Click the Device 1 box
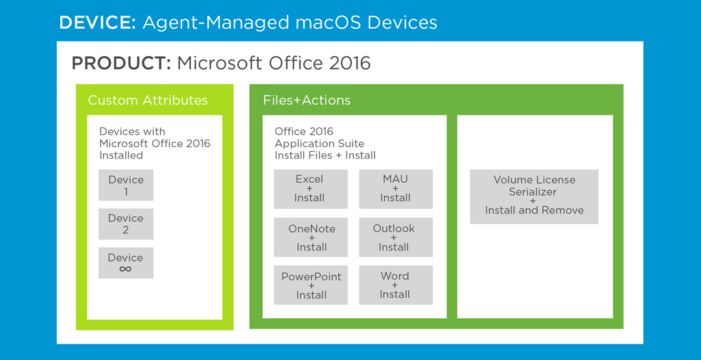pyautogui.click(x=126, y=185)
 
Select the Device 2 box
pyautogui.click(x=126, y=224)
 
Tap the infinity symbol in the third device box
pyautogui.click(x=126, y=269)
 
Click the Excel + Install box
pyautogui.click(x=311, y=189)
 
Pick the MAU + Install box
pyautogui.click(x=396, y=189)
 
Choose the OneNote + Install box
pyautogui.click(x=311, y=237)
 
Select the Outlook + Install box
pyautogui.click(x=396, y=237)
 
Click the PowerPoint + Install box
pyautogui.click(x=311, y=285)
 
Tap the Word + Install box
pyautogui.click(x=396, y=285)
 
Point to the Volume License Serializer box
pyautogui.click(x=534, y=197)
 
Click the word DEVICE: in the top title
pyautogui.click(x=97, y=23)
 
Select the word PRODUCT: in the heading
pyautogui.click(x=121, y=64)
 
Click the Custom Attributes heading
pyautogui.click(x=148, y=100)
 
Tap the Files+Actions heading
pyautogui.click(x=307, y=100)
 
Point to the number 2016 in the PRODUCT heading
pyautogui.click(x=350, y=64)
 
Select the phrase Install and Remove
pyautogui.click(x=534, y=210)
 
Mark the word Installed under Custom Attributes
pyautogui.click(x=121, y=155)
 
